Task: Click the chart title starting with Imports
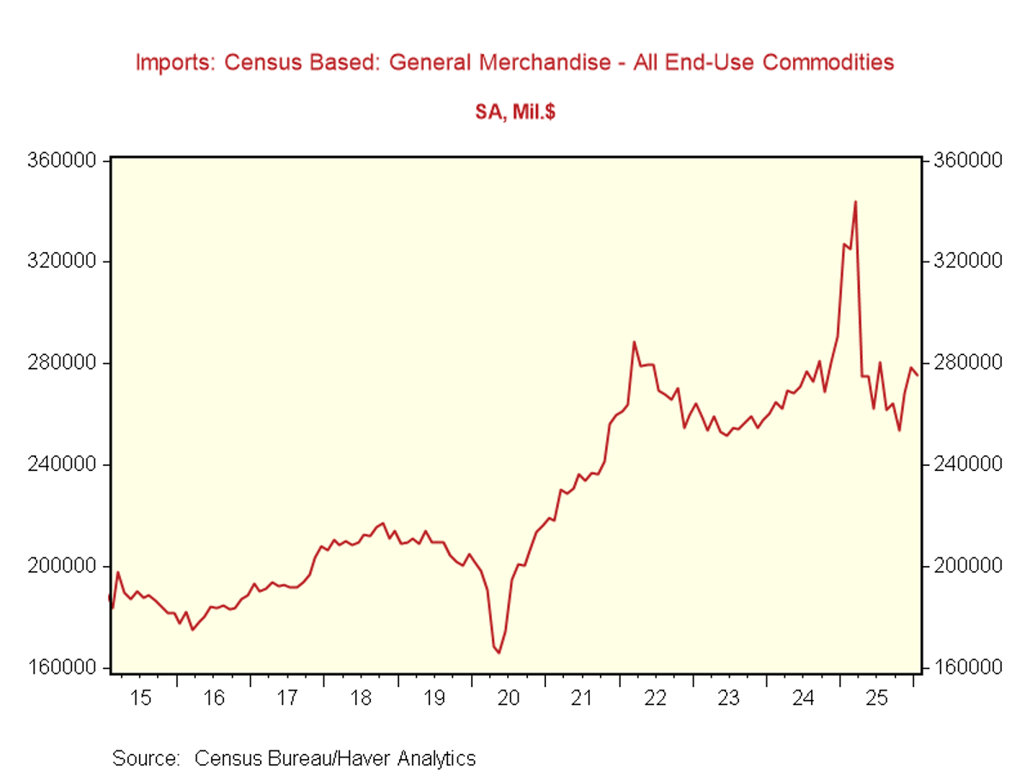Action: (515, 63)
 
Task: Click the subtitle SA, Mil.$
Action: (515, 112)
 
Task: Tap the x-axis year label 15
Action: (141, 698)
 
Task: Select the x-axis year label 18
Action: (361, 698)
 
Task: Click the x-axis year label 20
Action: (508, 698)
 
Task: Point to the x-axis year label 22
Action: (655, 698)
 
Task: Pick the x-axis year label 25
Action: (875, 698)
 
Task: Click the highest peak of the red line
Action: (855, 202)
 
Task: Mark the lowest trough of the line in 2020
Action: (499, 653)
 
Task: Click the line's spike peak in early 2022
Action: (634, 342)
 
